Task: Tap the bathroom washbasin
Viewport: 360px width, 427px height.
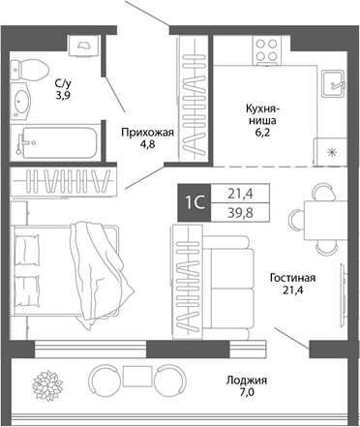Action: point(21,100)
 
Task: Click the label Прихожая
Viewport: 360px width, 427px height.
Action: point(145,132)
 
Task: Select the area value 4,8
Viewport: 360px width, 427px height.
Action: point(145,147)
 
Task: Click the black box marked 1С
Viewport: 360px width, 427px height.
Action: point(194,202)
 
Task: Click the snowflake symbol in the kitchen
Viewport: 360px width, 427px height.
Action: point(331,150)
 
